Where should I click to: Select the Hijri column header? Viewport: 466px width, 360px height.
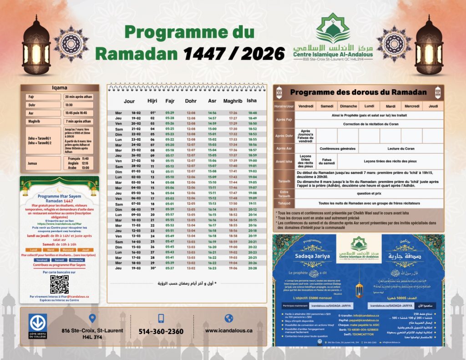click(152, 101)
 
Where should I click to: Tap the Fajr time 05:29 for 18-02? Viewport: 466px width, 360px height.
click(170, 113)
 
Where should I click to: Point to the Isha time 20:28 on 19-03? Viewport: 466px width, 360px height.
click(252, 268)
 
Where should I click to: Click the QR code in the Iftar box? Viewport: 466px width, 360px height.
click(59, 284)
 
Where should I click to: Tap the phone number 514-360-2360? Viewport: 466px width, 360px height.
click(161, 331)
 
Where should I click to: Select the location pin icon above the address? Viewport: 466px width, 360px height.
click(93, 319)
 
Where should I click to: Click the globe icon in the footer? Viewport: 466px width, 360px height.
click(228, 318)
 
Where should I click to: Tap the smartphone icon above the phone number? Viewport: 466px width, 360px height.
click(161, 319)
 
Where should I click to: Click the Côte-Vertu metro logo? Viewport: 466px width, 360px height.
click(38, 326)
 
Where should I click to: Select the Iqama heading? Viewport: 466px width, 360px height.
click(60, 88)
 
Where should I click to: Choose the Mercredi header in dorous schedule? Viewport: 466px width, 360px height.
click(412, 106)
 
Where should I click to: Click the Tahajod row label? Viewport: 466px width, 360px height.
click(284, 203)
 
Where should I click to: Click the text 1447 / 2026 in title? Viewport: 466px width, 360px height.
click(234, 54)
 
